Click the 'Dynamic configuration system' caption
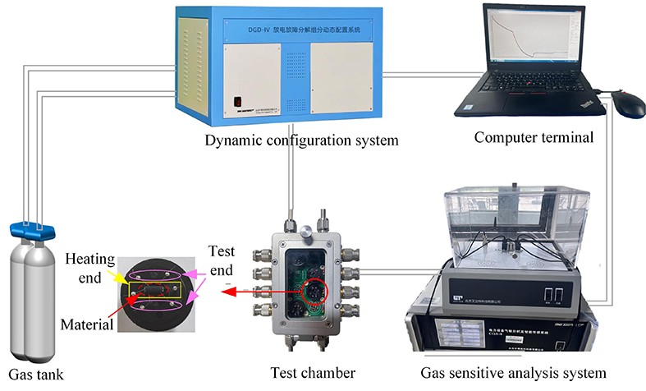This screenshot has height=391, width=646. coord(301,140)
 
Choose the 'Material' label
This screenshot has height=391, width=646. coord(86,324)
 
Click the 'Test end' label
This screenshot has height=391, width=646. coord(222,260)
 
